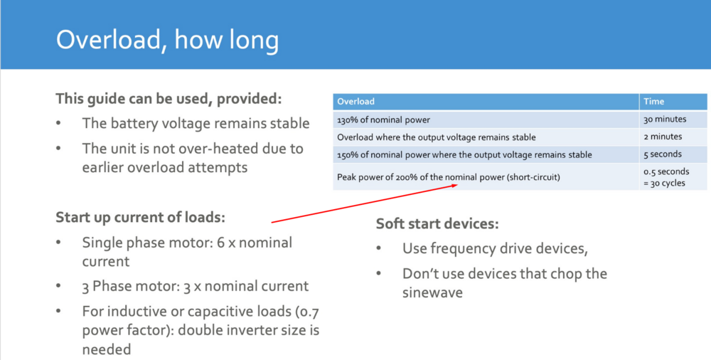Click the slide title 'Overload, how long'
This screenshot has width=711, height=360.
tap(167, 40)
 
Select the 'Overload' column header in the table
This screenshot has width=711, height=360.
tap(356, 102)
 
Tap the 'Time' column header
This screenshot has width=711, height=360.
tap(653, 102)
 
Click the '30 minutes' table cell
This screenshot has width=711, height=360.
tap(665, 120)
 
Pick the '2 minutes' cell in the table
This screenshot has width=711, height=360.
tap(663, 137)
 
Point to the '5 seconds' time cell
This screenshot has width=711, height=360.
tap(663, 154)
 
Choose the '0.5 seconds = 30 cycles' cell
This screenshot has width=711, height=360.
tap(666, 177)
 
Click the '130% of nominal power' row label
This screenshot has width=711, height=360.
tap(384, 120)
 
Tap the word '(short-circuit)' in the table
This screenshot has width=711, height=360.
tap(533, 177)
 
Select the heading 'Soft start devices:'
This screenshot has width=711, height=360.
tap(437, 224)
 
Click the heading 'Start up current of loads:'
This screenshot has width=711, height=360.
tap(141, 218)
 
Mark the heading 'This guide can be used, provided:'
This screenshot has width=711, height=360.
tap(169, 98)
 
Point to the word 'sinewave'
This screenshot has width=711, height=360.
tap(432, 292)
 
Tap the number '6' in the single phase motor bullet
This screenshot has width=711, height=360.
tap(221, 243)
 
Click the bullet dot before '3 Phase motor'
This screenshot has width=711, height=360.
tap(58, 287)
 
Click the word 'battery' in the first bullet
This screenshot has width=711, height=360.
tap(132, 124)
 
